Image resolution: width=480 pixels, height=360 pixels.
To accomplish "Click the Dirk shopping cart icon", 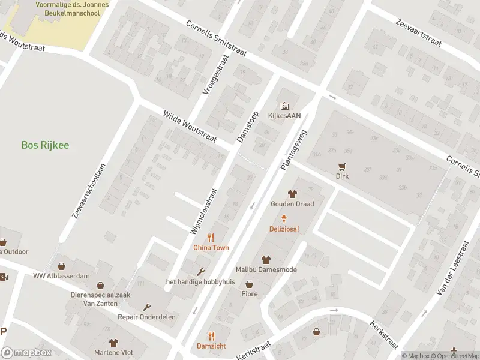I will coord(342,166).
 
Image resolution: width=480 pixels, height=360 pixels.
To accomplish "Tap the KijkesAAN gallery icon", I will coord(284,106).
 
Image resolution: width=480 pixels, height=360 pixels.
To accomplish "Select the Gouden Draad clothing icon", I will coord(292,194).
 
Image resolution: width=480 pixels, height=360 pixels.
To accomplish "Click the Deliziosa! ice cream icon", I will coord(284,219).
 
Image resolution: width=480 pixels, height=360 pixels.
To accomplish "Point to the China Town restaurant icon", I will coord(211,237).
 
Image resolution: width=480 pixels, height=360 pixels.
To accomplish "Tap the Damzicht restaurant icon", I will coord(211,336).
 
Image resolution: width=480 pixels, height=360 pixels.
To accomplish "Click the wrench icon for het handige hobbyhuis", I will coord(200,272).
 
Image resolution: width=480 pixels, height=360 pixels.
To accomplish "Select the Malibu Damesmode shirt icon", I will coord(266,260).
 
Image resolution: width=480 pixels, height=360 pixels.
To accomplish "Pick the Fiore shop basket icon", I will coord(249,284).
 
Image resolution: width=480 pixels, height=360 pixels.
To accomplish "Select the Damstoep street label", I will coord(247,126).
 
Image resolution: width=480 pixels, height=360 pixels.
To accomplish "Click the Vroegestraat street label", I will coord(216,75).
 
